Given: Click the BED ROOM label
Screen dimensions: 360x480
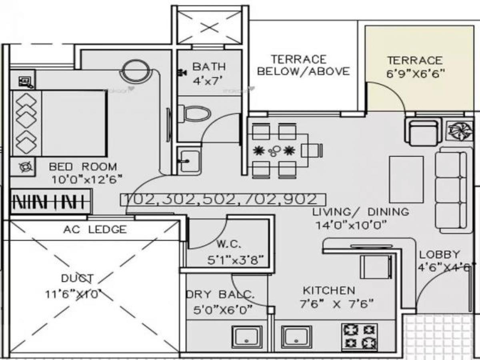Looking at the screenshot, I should point(83,166).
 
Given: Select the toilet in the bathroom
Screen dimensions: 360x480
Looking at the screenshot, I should point(195,114).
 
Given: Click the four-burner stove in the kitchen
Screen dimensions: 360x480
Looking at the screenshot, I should point(359,336).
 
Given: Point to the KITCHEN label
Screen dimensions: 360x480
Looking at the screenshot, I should point(328,290).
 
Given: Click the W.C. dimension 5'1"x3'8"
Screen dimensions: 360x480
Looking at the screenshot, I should point(235,260).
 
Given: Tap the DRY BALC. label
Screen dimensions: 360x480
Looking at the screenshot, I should point(220,295).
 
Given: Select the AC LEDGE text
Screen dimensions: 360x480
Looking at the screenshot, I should point(94,230).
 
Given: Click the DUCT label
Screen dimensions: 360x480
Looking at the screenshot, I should point(77,278).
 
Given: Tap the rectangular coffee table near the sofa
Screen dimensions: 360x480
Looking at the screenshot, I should point(406,180).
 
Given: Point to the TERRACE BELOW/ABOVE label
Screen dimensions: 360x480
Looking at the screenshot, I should point(303,66).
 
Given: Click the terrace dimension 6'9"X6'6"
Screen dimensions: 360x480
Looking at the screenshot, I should point(415,74).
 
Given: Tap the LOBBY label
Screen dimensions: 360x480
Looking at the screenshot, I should point(439,255).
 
